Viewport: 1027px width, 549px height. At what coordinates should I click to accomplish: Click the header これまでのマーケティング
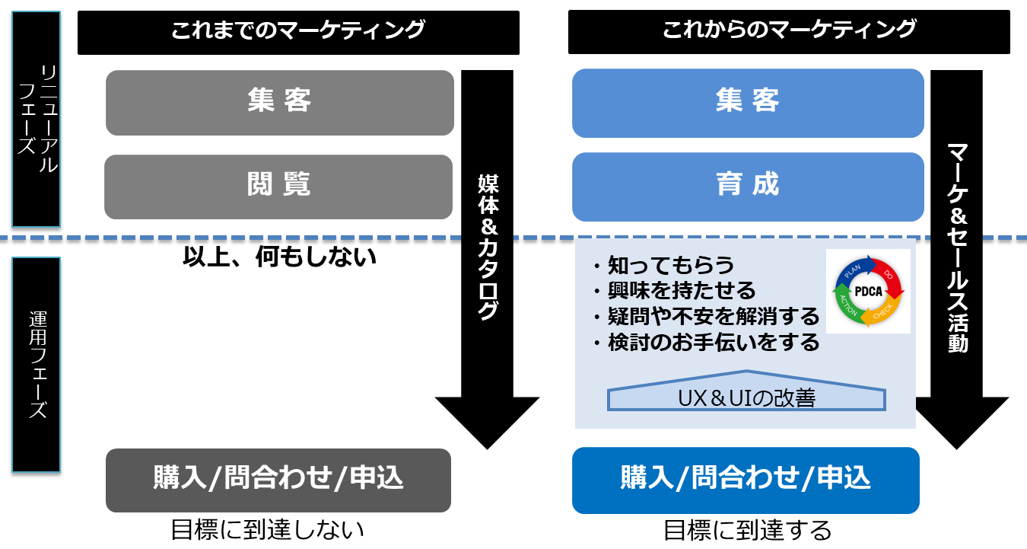click(298, 33)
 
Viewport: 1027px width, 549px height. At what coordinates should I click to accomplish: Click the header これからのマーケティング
click(789, 32)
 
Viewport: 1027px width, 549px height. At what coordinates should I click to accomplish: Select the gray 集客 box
click(280, 102)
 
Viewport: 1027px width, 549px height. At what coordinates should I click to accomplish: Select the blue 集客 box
click(748, 104)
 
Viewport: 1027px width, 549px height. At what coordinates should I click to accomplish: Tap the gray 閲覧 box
click(278, 187)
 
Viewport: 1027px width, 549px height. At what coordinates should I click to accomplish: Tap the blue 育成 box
click(748, 187)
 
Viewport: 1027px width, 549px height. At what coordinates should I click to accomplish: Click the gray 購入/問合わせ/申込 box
click(278, 480)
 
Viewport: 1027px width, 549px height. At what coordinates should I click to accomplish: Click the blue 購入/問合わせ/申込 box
click(746, 480)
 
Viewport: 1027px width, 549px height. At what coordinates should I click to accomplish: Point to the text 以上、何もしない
click(279, 256)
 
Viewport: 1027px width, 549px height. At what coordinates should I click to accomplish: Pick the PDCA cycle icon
click(868, 291)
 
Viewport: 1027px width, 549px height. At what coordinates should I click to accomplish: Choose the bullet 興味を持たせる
click(675, 291)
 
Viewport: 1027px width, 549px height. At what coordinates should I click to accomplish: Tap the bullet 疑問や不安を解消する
click(707, 316)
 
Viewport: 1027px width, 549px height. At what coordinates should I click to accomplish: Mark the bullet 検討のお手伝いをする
click(707, 343)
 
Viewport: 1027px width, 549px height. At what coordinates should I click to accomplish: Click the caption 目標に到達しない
click(268, 530)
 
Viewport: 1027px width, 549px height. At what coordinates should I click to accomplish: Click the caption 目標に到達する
click(747, 531)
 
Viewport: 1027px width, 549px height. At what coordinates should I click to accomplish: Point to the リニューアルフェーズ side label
click(37, 119)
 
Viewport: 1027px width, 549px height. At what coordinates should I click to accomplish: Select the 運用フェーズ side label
click(37, 365)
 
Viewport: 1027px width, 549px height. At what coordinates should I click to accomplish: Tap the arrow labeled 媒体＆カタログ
click(488, 260)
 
